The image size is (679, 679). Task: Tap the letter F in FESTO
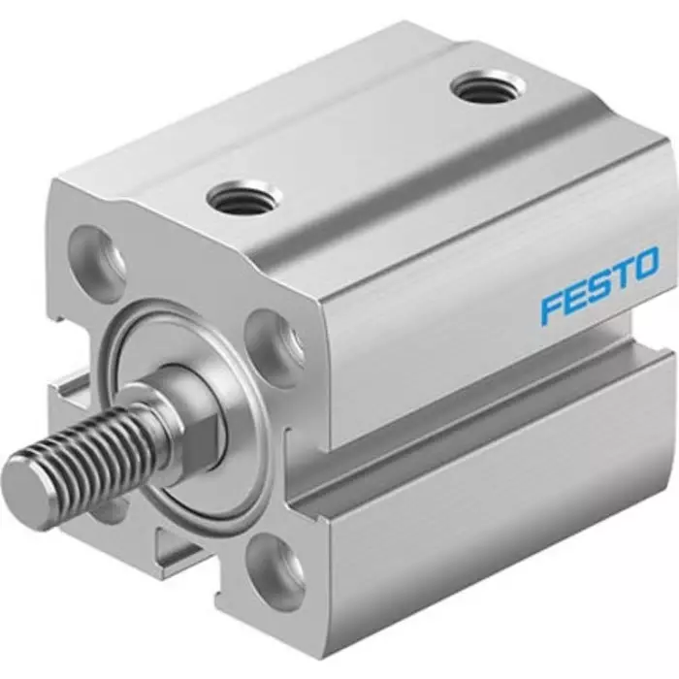(551, 308)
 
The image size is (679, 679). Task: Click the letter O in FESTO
(648, 263)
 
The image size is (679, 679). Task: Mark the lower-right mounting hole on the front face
(276, 566)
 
